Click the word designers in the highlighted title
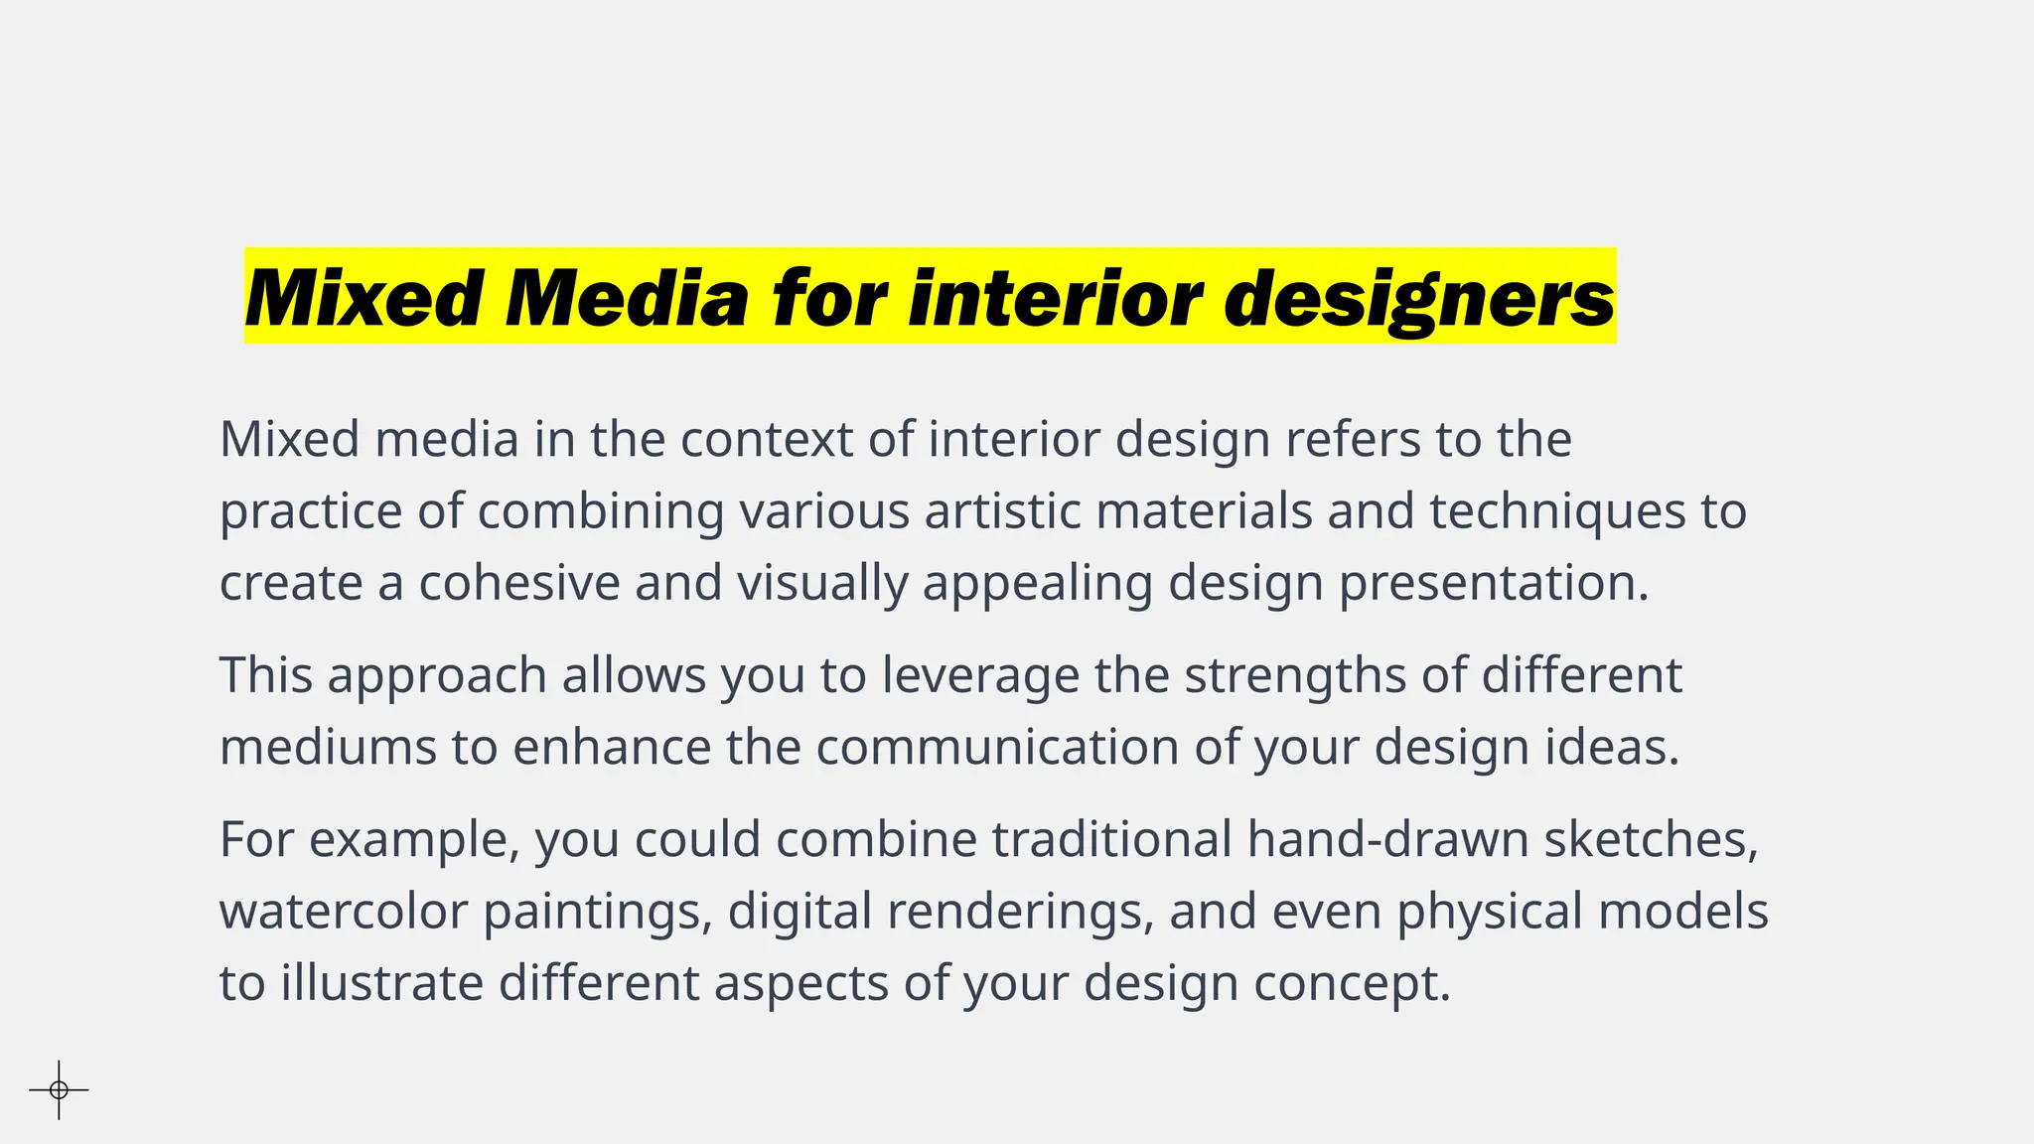(x=1419, y=298)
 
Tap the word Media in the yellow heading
(x=626, y=298)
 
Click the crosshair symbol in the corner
(x=59, y=1089)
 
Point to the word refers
(x=1354, y=439)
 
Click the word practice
(x=310, y=512)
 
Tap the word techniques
(x=1557, y=512)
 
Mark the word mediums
(x=328, y=747)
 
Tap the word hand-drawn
(x=1387, y=839)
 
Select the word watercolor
(x=343, y=912)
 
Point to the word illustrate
(x=381, y=983)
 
